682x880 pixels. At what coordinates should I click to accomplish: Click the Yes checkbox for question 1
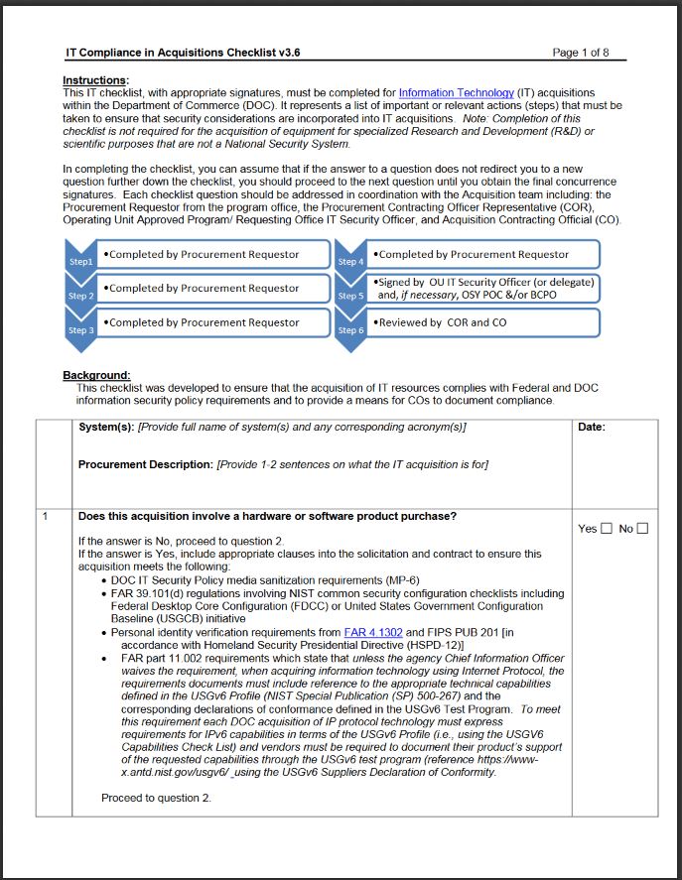tap(608, 529)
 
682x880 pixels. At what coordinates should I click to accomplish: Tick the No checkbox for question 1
tap(642, 529)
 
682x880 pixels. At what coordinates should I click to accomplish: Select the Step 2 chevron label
tap(80, 295)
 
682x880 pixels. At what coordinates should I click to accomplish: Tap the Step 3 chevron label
tap(80, 328)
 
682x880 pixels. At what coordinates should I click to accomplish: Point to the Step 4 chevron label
tap(350, 261)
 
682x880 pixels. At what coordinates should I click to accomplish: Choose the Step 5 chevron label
tap(350, 295)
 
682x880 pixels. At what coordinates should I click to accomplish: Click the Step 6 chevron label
tap(350, 328)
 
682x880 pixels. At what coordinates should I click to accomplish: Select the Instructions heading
tap(95, 79)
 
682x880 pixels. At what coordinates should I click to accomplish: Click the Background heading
tap(97, 375)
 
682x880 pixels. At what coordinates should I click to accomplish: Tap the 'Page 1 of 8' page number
tap(581, 52)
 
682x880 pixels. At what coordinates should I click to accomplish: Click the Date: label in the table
tap(592, 428)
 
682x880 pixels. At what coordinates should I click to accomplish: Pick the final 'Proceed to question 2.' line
tap(156, 798)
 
